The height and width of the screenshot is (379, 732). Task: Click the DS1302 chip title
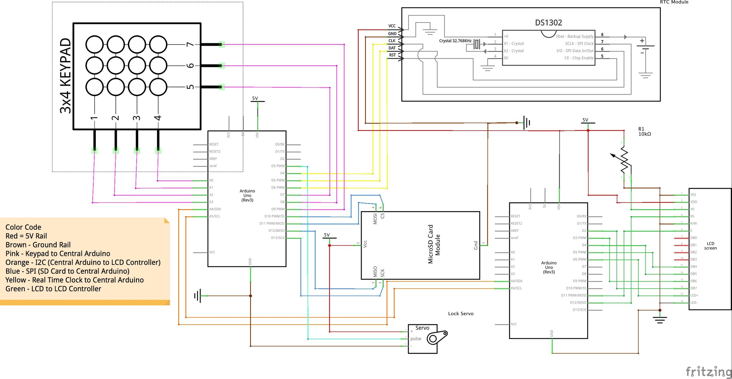(548, 23)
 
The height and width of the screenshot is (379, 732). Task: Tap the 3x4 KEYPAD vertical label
(66, 76)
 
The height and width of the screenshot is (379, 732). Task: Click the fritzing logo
(708, 371)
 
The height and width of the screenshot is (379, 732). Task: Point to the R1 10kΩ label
(644, 131)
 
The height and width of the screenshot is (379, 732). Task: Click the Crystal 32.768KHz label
(455, 41)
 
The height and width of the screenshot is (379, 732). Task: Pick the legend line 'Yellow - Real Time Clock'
(74, 280)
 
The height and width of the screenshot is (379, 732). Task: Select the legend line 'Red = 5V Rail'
(26, 236)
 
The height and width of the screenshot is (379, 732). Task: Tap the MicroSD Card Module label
(434, 244)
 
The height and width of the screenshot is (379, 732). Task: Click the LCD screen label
(710, 246)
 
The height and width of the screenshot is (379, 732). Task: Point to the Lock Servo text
(461, 314)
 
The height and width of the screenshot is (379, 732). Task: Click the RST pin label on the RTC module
(392, 55)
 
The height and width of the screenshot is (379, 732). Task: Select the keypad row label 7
(190, 44)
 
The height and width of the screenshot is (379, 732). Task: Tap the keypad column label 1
(94, 118)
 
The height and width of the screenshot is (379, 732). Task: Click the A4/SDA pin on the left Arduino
(215, 209)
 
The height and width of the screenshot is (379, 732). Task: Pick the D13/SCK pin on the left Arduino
(278, 238)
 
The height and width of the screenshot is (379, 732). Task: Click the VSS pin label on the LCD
(693, 195)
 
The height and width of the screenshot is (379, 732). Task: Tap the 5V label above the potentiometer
(585, 120)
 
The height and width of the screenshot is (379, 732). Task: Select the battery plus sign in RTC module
(642, 41)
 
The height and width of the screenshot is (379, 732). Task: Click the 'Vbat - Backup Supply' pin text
(575, 36)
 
